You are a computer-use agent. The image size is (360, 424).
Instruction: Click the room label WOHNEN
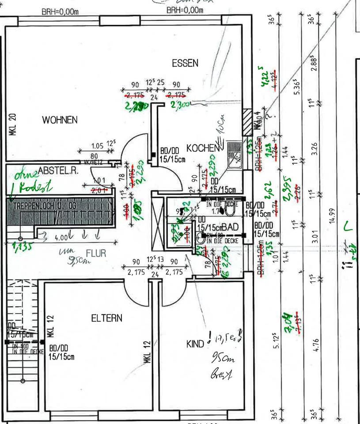60,120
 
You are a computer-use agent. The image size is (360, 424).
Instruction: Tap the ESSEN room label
185,64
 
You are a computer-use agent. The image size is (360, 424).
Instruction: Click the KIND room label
195,343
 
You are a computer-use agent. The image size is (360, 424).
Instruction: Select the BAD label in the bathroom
231,227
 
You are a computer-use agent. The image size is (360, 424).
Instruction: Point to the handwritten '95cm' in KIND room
223,358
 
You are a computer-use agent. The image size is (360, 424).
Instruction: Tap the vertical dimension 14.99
333,216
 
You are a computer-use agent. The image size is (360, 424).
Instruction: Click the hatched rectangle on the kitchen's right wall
246,119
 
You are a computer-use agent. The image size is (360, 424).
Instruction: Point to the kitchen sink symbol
235,156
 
